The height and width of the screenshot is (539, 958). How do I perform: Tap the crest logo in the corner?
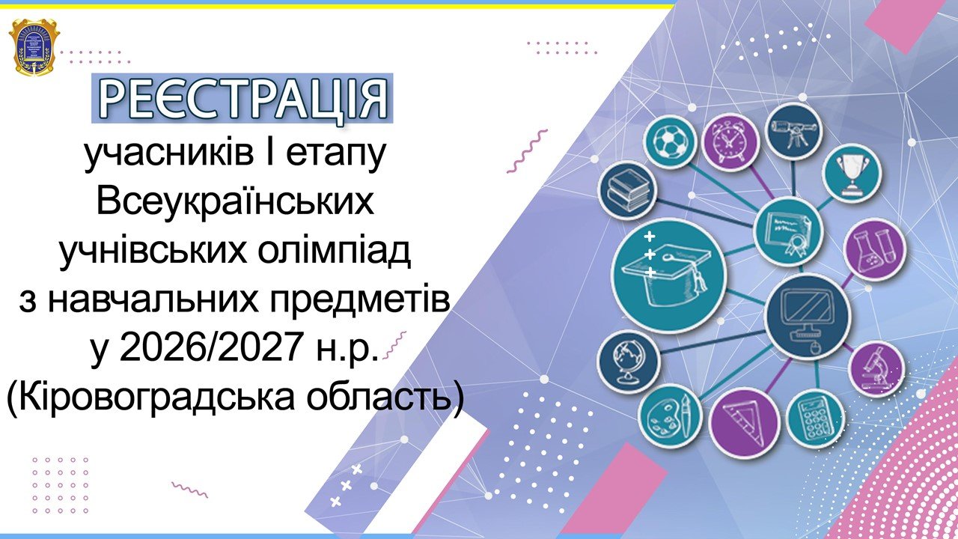[x=34, y=47]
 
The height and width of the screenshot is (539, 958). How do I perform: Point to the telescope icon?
[x=794, y=130]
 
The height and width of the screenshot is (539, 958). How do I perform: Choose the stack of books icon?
[x=627, y=190]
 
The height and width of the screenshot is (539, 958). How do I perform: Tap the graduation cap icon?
[x=669, y=275]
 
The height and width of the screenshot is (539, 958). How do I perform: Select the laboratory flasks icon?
[x=874, y=249]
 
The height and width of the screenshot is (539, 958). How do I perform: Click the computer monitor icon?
[x=807, y=317]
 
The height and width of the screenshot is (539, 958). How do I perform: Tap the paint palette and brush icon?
[x=670, y=415]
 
